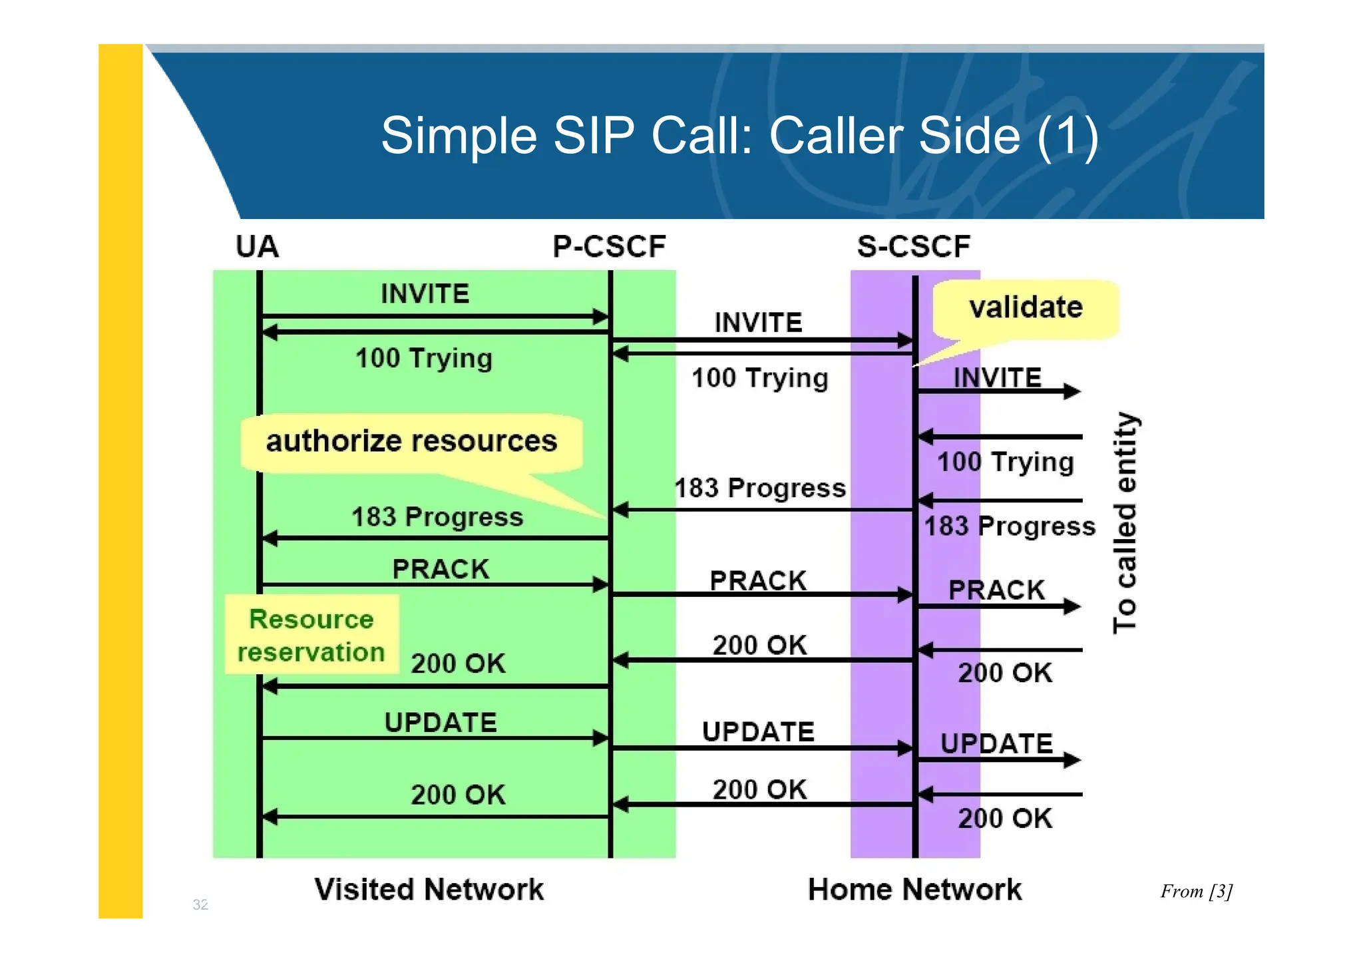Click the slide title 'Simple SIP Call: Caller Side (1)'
(x=739, y=136)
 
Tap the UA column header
(x=257, y=247)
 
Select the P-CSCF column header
(x=609, y=247)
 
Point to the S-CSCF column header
(x=913, y=247)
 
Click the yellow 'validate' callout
(x=1025, y=308)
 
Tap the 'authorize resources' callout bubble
(x=411, y=442)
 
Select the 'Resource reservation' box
(x=311, y=636)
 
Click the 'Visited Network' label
(x=429, y=890)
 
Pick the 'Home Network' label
(x=914, y=890)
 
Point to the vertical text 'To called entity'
(x=1125, y=522)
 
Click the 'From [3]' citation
(x=1196, y=891)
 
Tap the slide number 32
(x=200, y=904)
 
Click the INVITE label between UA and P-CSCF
(x=425, y=294)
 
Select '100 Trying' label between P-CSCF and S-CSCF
(x=760, y=378)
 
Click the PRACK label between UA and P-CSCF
(x=441, y=570)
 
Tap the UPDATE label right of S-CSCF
(x=996, y=744)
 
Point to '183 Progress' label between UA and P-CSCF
(x=437, y=517)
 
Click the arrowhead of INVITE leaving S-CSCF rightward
(x=1071, y=391)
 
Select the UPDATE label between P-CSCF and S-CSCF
(x=758, y=732)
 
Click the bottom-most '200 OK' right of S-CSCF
(x=1005, y=819)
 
